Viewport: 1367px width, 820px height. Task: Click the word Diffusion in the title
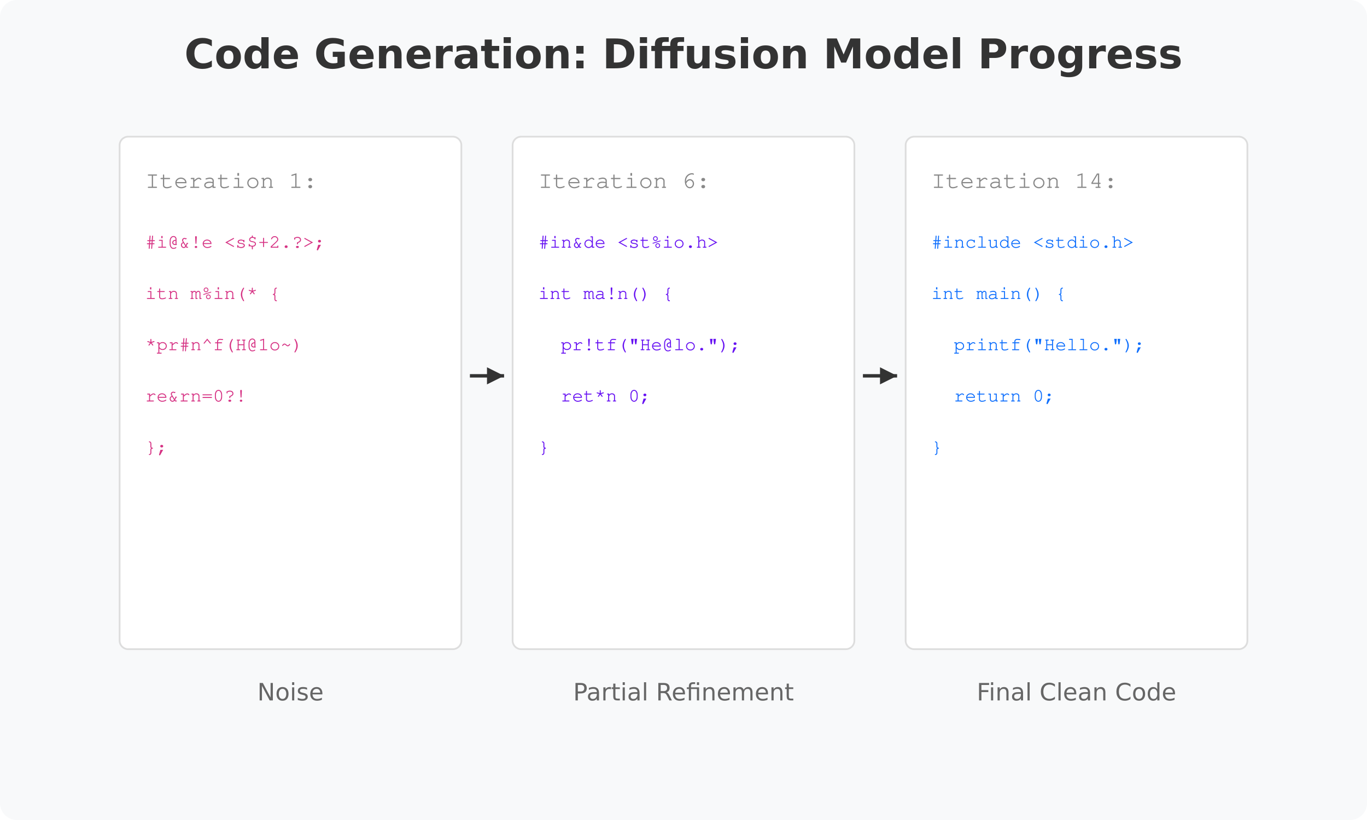click(x=705, y=55)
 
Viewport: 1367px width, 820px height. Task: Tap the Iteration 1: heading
click(x=230, y=181)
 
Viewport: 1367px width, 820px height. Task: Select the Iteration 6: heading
click(x=623, y=181)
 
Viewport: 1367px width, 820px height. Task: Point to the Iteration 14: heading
click(x=1024, y=181)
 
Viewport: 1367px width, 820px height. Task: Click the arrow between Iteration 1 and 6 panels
click(x=487, y=376)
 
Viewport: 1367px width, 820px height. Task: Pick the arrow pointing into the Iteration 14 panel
click(x=880, y=376)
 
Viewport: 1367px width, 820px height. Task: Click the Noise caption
click(x=290, y=693)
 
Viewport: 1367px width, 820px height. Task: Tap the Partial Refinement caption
click(x=683, y=693)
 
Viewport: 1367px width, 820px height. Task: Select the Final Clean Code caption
click(x=1076, y=693)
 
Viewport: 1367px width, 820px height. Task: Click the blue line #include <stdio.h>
click(x=1032, y=243)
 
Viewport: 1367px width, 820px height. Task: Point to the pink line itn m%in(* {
click(x=212, y=294)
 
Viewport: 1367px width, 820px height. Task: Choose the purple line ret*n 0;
click(x=604, y=396)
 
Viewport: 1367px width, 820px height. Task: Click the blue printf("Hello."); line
click(x=1048, y=345)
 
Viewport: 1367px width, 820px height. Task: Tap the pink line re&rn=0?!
click(x=195, y=396)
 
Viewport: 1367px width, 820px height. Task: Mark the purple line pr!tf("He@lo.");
click(x=649, y=345)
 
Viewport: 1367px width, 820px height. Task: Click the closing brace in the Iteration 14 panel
click(x=937, y=447)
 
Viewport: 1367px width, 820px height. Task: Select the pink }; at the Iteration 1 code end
click(x=155, y=447)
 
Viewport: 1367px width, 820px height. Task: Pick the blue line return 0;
click(x=1003, y=396)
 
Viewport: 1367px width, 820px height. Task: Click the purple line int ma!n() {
click(x=605, y=294)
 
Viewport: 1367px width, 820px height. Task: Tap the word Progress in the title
click(x=1079, y=55)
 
